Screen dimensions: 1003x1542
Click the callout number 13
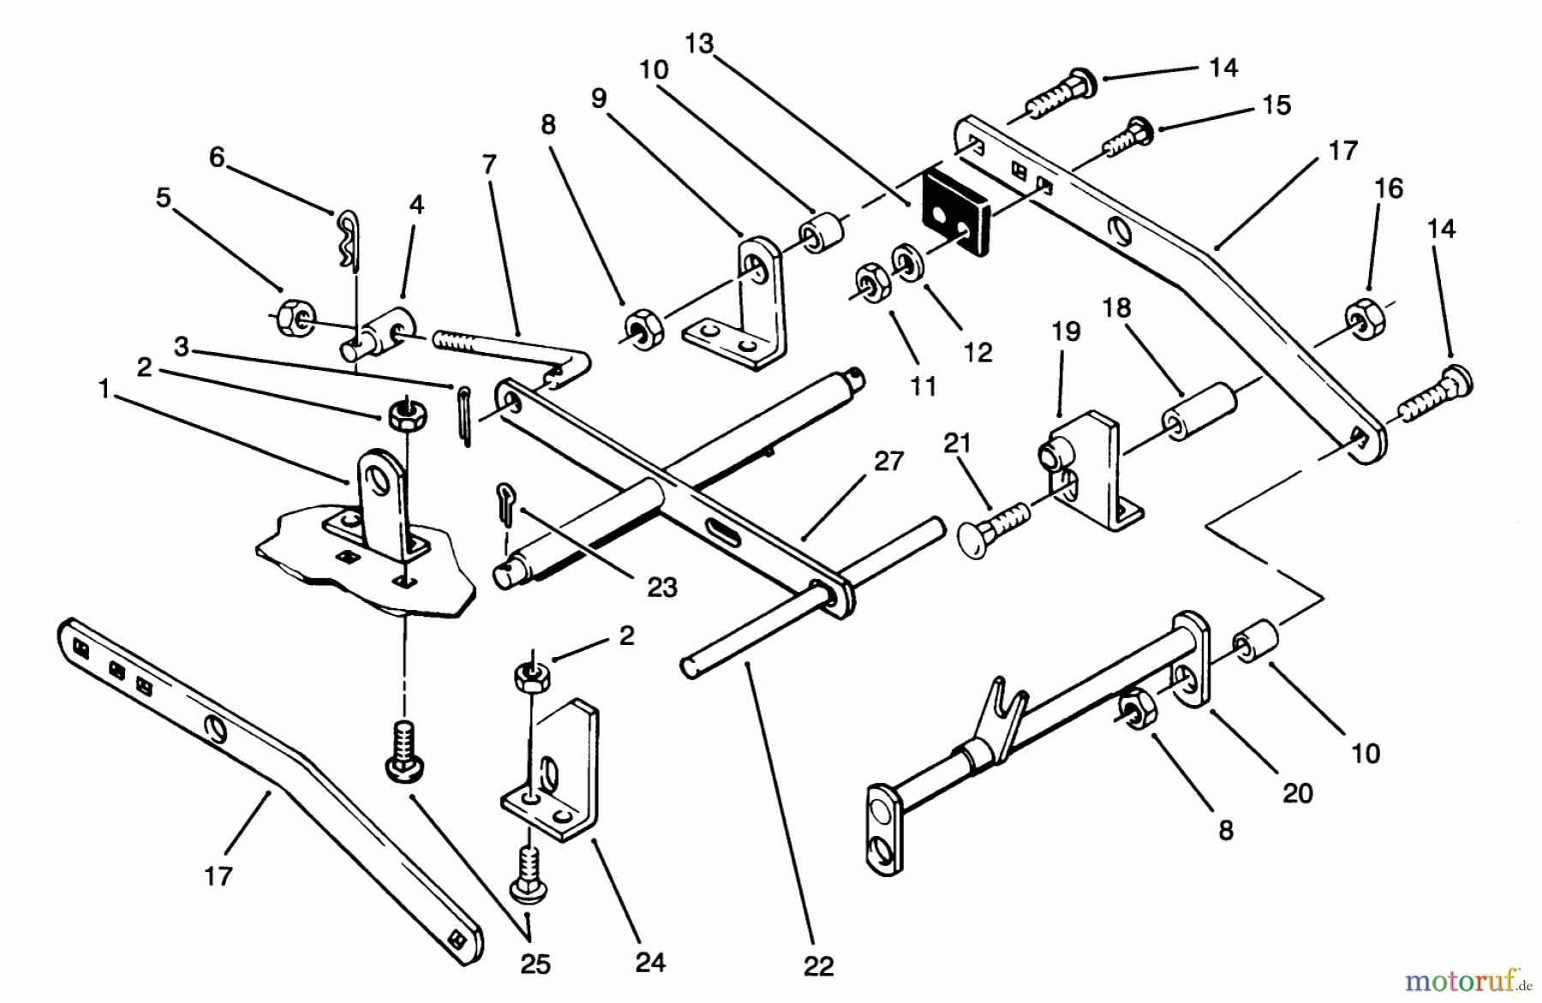pyautogui.click(x=699, y=44)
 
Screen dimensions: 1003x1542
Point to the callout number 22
pyautogui.click(x=818, y=967)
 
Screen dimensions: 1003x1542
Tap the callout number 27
pyautogui.click(x=889, y=462)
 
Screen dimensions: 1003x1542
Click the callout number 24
pyautogui.click(x=650, y=963)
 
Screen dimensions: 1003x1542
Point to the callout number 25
pyautogui.click(x=535, y=964)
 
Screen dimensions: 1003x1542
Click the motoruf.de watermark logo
pyautogui.click(x=1464, y=976)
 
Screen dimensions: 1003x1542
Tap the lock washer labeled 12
pyautogui.click(x=907, y=260)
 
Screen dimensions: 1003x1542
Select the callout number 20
pyautogui.click(x=1297, y=793)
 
